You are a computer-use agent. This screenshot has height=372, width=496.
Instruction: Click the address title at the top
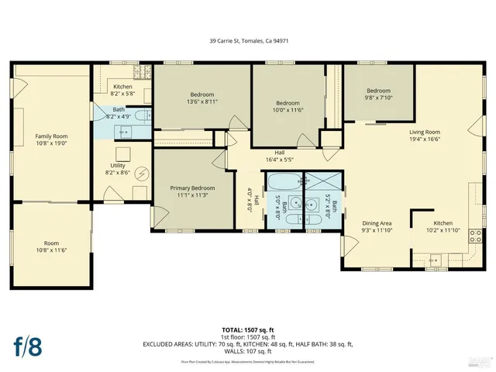pyautogui.click(x=247, y=41)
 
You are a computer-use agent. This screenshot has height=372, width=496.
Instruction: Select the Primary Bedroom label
pyautogui.click(x=192, y=188)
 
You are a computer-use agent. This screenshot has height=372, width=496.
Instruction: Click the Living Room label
pyautogui.click(x=425, y=132)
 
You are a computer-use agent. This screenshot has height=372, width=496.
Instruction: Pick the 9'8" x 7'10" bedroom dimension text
pyautogui.click(x=379, y=98)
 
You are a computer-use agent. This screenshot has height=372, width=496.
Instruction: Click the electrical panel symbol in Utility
pyautogui.click(x=142, y=172)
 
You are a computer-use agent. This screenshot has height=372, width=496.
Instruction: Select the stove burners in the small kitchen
pyautogui.click(x=143, y=74)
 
